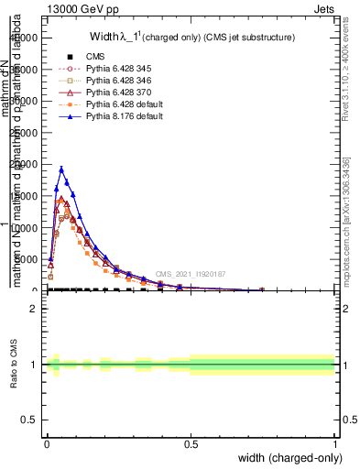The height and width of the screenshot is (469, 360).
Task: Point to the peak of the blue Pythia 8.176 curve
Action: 61,169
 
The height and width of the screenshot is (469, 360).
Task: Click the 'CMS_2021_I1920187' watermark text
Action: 190,274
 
